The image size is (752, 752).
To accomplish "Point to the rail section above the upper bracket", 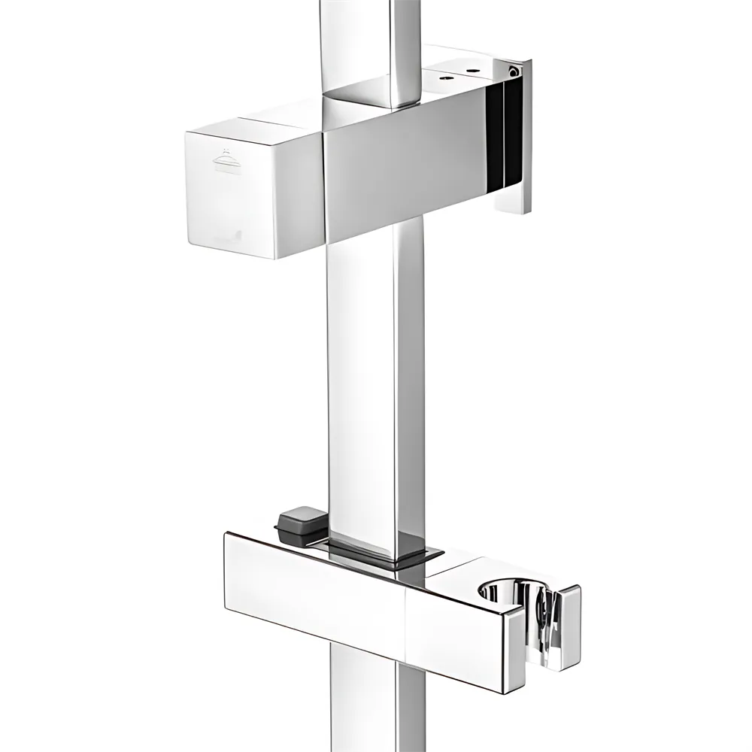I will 368,45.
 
